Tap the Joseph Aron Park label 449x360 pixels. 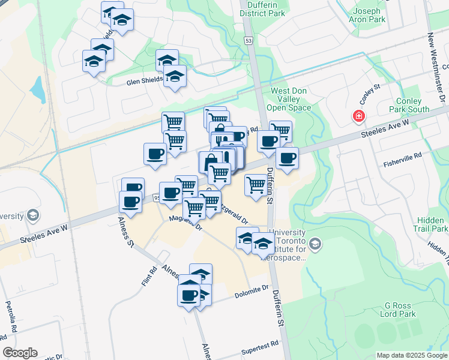tap(367, 15)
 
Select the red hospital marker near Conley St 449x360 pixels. tap(359, 116)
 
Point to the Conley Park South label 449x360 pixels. tap(409, 106)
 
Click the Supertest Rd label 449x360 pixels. tap(260, 344)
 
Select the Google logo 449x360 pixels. tap(20, 353)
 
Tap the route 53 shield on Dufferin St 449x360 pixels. tap(248, 40)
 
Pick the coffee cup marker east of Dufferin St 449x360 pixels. tap(287, 158)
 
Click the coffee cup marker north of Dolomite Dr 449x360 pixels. tap(189, 295)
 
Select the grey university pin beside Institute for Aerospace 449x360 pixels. tap(316, 244)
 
